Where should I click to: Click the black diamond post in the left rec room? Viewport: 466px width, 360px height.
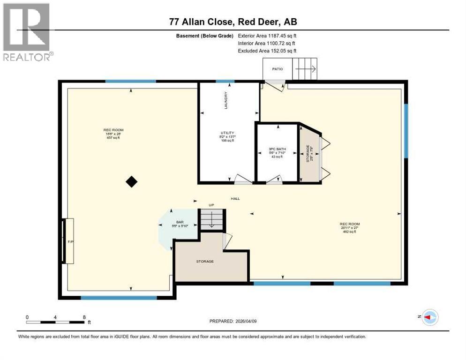coord(132,181)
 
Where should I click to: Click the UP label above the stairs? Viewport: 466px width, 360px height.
coord(211,205)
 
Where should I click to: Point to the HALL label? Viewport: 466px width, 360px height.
coord(235,199)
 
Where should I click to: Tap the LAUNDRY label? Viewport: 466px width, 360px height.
coord(226,100)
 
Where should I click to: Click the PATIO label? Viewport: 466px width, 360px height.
coord(278,69)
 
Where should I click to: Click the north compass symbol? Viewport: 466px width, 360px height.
coord(429,317)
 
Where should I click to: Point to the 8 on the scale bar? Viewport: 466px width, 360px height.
coord(84,317)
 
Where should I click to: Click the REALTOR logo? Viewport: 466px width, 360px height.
coord(27,32)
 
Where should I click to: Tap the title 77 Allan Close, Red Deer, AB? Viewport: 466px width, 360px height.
coord(233,22)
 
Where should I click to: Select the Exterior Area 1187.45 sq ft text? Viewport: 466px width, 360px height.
coord(267,36)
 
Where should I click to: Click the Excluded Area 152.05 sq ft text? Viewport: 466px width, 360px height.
coord(267,51)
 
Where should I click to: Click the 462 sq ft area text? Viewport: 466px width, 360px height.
coord(350,232)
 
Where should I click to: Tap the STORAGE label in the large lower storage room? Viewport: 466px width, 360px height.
coord(205,261)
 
